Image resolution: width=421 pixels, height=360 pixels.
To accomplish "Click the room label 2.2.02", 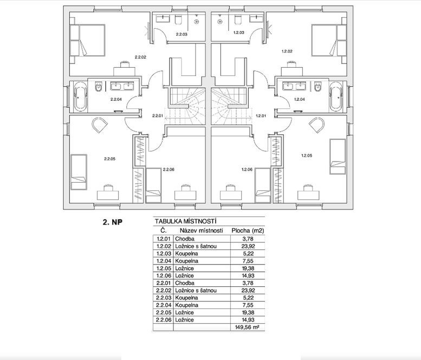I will click(141, 56).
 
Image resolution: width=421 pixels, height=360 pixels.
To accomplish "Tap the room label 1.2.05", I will click(307, 156).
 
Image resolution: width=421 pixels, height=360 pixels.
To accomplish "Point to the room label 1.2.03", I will click(238, 33).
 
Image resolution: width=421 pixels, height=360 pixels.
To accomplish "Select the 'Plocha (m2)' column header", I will click(247, 230).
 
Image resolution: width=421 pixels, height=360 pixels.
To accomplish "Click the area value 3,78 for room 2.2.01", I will click(247, 282).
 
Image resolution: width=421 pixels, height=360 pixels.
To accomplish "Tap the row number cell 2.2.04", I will click(163, 305).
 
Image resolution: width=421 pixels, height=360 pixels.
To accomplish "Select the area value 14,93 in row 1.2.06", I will click(247, 275).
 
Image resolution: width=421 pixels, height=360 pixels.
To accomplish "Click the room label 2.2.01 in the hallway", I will click(158, 115).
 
